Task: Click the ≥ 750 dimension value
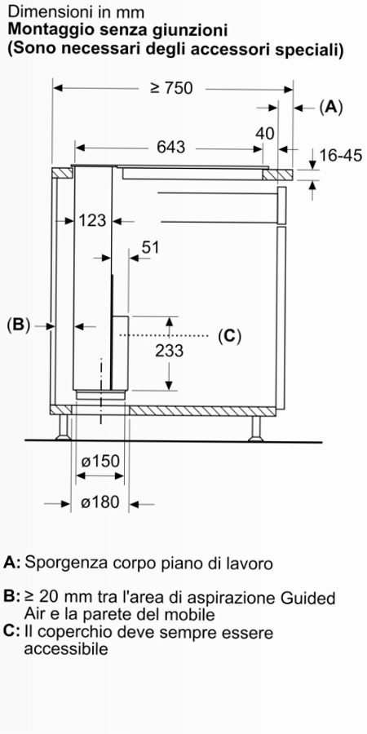(171, 87)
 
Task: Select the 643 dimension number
(171, 148)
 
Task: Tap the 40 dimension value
(265, 134)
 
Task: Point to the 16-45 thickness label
(341, 155)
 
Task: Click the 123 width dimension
(93, 220)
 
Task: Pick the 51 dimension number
(150, 247)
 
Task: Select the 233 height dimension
(170, 350)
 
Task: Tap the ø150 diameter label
(99, 461)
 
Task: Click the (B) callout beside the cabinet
(19, 325)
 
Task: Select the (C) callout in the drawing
(229, 336)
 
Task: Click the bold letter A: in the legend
(11, 562)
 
